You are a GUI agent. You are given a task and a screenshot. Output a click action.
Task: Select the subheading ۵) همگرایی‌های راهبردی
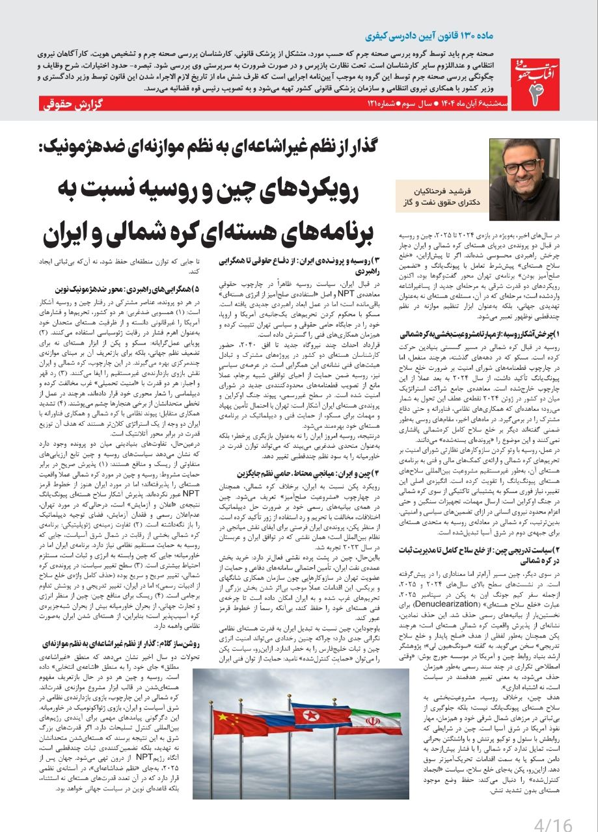click(x=131, y=287)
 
